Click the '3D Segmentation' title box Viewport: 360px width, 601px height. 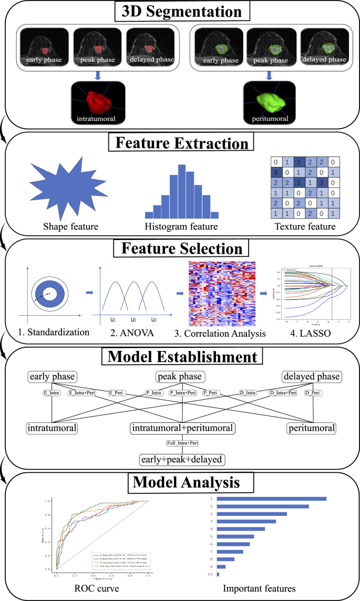pos(180,11)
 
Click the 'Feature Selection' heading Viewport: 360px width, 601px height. pos(180,249)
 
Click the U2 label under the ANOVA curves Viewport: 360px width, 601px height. pos(133,319)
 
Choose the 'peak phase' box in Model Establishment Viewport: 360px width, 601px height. pos(180,377)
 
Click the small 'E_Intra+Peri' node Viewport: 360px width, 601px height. pos(82,392)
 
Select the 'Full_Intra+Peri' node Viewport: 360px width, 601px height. pos(180,444)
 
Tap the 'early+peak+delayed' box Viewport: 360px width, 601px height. pos(180,459)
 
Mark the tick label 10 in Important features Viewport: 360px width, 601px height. pos(210,575)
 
